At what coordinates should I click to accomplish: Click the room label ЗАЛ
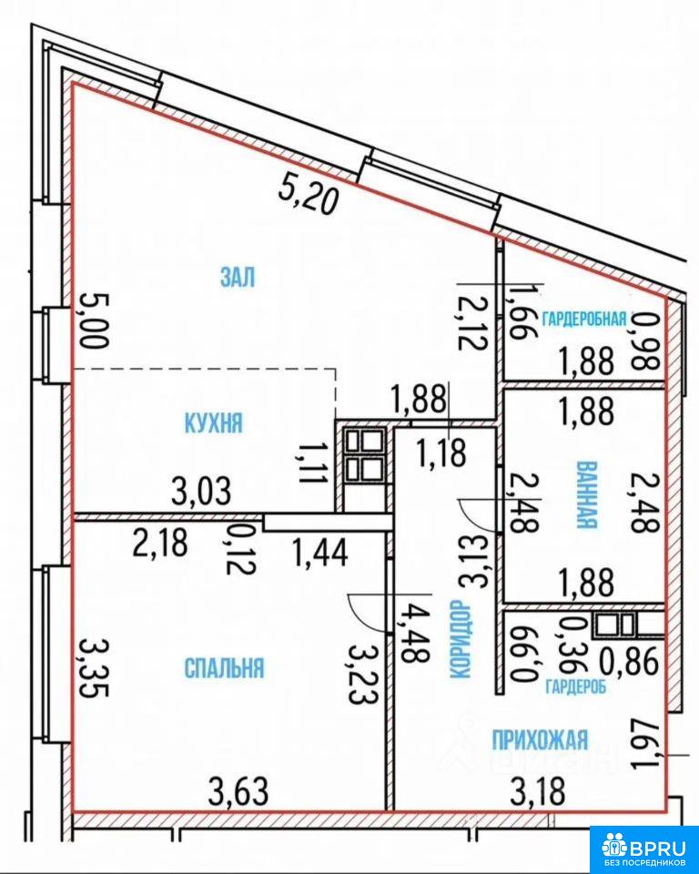click(238, 277)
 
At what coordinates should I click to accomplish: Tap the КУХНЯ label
click(214, 423)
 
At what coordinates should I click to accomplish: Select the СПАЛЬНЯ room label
click(224, 667)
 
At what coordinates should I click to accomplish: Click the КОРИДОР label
click(459, 639)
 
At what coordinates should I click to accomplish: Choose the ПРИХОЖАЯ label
click(540, 740)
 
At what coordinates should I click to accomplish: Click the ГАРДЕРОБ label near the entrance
click(576, 687)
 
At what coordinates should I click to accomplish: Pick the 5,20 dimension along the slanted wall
click(309, 198)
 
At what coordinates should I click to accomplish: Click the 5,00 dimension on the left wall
click(93, 321)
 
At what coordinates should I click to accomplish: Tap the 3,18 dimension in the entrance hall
click(538, 791)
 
